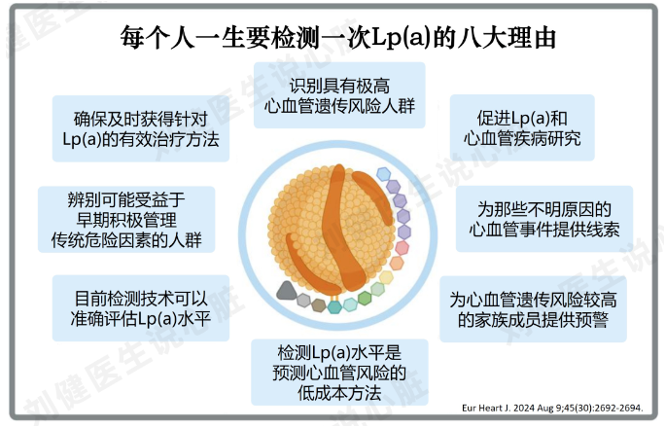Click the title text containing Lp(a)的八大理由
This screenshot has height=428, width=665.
point(338,37)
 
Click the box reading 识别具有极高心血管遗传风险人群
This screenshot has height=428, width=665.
point(339,95)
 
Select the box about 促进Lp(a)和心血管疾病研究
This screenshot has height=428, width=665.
point(522,127)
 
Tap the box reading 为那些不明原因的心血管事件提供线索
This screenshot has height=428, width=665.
point(544,219)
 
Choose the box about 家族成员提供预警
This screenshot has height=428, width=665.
point(533,309)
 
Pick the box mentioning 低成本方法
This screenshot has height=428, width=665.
point(339,372)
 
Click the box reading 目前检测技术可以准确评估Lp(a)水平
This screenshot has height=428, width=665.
point(141,308)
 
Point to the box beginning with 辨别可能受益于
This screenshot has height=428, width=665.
point(126,219)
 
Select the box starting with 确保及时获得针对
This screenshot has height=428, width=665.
point(141,128)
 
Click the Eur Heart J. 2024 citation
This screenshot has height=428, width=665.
point(552,409)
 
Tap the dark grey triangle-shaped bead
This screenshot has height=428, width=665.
point(287,291)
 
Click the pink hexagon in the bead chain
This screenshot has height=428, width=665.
point(402,248)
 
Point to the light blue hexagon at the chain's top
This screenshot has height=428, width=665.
point(383,174)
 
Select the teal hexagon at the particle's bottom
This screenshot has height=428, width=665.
point(334,306)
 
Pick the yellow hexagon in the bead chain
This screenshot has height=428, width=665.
point(386,277)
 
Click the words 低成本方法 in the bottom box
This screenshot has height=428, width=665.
point(339,393)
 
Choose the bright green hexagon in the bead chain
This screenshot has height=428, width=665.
point(365,298)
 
